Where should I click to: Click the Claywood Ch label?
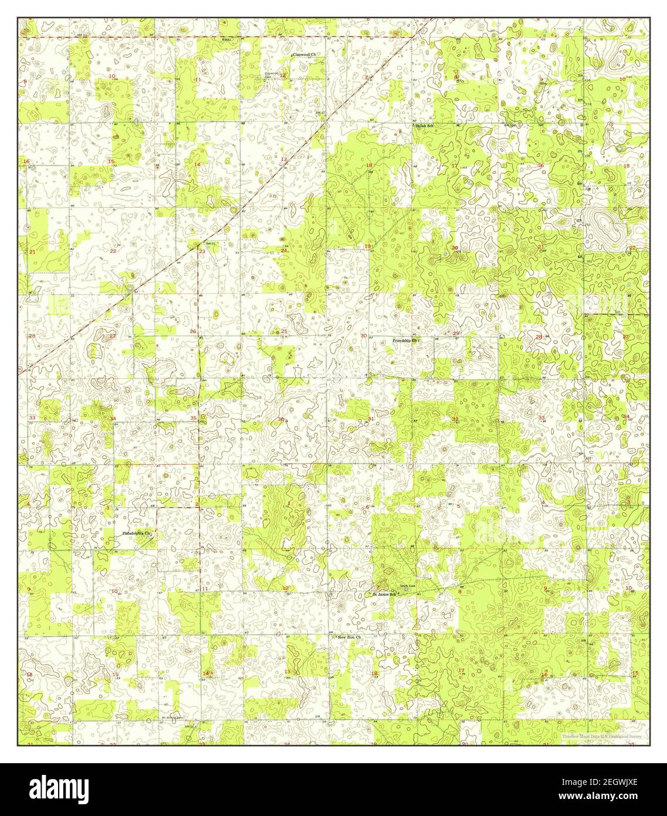[304, 54]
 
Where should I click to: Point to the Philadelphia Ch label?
[137, 534]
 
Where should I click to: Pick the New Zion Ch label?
[348, 637]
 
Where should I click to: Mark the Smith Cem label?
[408, 586]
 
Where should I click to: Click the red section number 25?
[285, 332]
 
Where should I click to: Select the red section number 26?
[193, 332]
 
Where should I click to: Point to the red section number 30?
[364, 336]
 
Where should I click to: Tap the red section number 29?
[456, 333]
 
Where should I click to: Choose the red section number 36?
[281, 419]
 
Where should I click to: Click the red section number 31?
[370, 419]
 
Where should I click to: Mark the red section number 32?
[455, 419]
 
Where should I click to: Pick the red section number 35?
[194, 418]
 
